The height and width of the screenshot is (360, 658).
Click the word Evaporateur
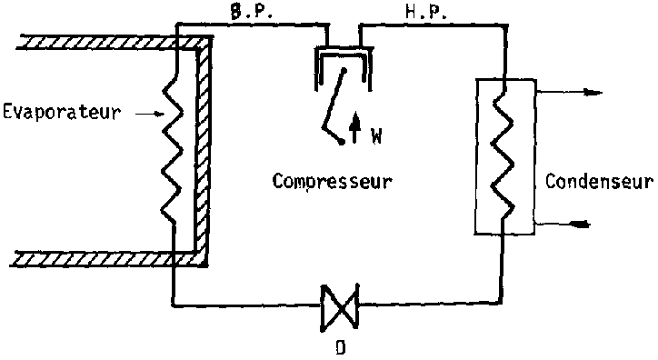coord(62,113)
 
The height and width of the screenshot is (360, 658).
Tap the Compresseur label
coord(332,182)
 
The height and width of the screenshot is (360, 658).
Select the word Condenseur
coord(599,181)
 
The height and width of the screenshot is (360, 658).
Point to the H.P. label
coord(426,12)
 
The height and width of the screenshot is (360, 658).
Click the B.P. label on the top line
coord(252,12)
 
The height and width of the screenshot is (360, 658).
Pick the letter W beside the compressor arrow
coord(376,136)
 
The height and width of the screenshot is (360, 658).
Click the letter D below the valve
coord(341,348)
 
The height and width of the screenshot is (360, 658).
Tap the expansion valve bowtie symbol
coord(340,307)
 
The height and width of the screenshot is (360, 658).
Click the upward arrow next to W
coord(355,127)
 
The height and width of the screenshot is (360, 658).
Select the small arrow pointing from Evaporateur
coord(150,114)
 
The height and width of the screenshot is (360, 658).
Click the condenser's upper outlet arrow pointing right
coord(569,93)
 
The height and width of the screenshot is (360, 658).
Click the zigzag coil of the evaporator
coord(173,151)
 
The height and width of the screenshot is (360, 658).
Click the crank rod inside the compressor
coord(333,99)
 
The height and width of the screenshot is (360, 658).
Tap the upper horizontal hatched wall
coord(110,43)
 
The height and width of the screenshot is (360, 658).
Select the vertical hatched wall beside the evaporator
coord(203,150)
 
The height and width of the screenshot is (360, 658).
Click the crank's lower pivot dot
coord(343,143)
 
